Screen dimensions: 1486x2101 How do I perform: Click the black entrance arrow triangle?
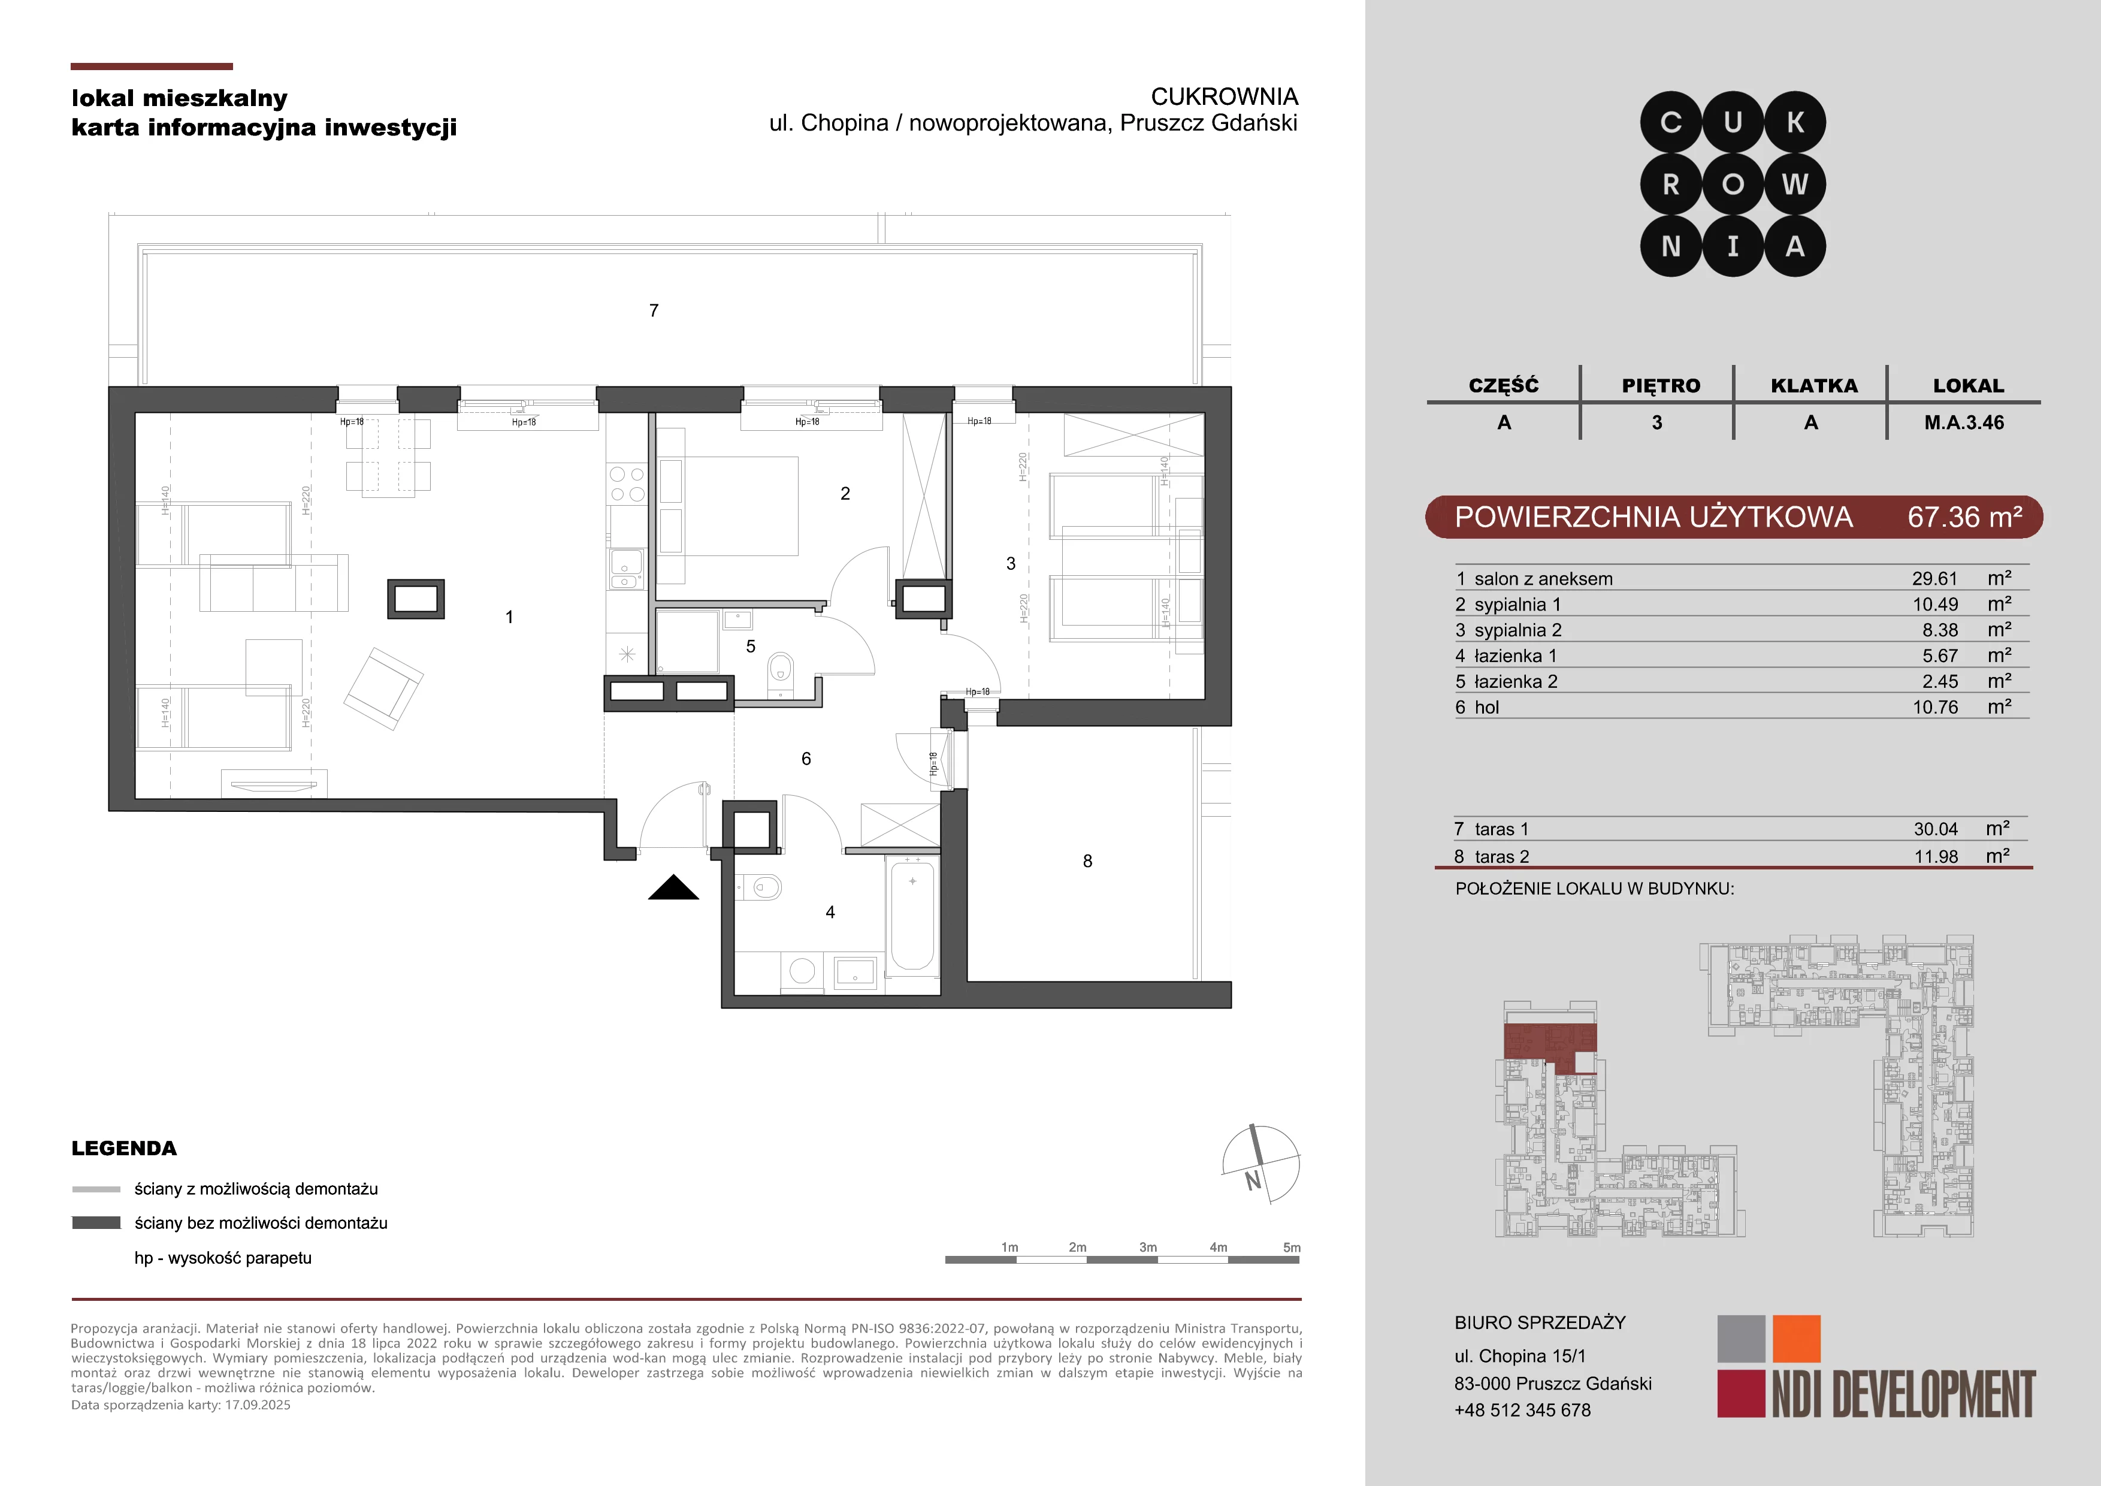(x=673, y=887)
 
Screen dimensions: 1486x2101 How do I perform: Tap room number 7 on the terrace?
(x=654, y=311)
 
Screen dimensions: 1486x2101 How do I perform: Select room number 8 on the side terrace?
(x=1087, y=861)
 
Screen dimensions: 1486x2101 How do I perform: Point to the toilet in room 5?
(x=779, y=667)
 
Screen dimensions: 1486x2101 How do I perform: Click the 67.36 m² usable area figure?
(x=1964, y=517)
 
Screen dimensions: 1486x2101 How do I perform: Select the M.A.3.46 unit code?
(x=1964, y=423)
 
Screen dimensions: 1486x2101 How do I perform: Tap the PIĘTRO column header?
(x=1661, y=386)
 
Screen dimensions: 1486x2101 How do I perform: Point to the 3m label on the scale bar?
(x=1147, y=1247)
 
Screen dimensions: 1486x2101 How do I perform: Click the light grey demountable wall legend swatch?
(x=96, y=1189)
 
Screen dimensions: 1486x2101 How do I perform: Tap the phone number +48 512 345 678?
(x=1523, y=1410)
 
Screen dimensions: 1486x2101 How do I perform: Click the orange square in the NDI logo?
(x=1796, y=1339)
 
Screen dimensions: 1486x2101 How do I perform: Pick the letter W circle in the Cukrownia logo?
(x=1794, y=185)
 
